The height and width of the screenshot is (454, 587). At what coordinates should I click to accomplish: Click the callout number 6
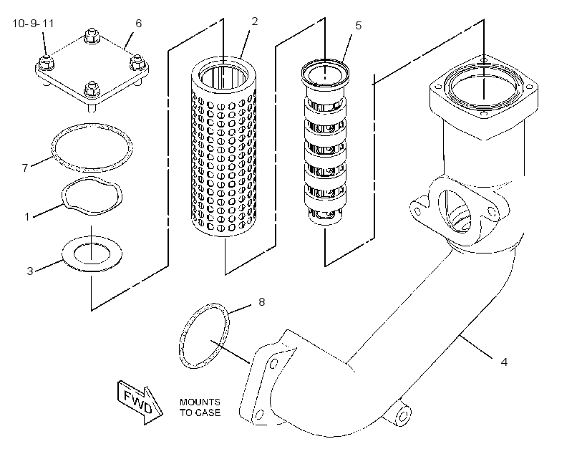tap(138, 24)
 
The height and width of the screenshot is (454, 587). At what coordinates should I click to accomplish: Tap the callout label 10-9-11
tap(34, 24)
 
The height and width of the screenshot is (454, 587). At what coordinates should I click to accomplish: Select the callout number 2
tap(255, 21)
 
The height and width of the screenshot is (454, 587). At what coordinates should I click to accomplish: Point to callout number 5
tap(358, 26)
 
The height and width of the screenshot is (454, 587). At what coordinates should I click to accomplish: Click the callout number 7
tap(25, 168)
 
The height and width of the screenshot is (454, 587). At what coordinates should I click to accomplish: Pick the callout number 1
tap(27, 216)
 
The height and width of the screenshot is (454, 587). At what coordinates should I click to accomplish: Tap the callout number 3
tap(30, 271)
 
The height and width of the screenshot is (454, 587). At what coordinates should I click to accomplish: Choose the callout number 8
tap(262, 301)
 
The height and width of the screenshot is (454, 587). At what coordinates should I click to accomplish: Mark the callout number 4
tap(504, 362)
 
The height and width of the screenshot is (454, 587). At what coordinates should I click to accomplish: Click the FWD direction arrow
tap(140, 402)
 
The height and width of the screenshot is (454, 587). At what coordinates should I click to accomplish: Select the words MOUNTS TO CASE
tap(200, 407)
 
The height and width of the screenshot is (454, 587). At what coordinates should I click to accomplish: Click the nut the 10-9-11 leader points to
tap(45, 64)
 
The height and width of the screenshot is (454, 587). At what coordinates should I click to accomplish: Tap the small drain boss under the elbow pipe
tap(402, 415)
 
